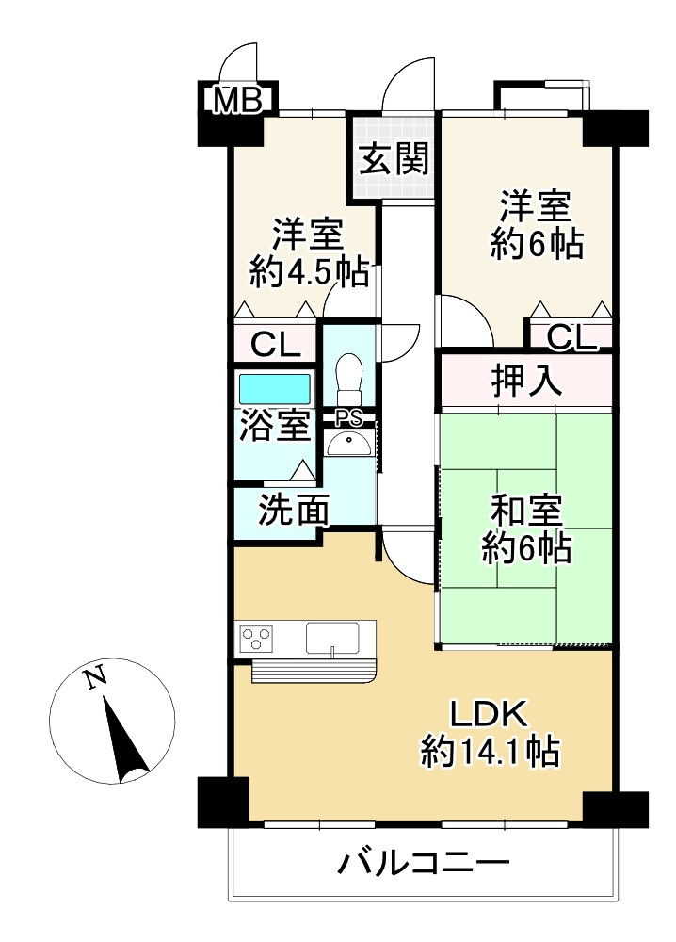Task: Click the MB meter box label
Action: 238,101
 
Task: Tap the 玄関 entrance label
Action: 394,159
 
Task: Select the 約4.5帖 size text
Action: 309,272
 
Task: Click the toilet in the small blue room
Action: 348,379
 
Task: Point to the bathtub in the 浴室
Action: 275,389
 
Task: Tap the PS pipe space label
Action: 348,417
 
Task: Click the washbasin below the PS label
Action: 348,444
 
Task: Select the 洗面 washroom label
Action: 294,511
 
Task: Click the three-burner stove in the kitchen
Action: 257,637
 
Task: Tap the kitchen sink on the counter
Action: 332,638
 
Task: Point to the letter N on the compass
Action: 96,678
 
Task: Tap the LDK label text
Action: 490,714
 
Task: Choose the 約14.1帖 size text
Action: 490,751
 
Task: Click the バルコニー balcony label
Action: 424,863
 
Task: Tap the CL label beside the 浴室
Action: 276,345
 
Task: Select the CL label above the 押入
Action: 571,337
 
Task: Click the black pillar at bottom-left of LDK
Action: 223,802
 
